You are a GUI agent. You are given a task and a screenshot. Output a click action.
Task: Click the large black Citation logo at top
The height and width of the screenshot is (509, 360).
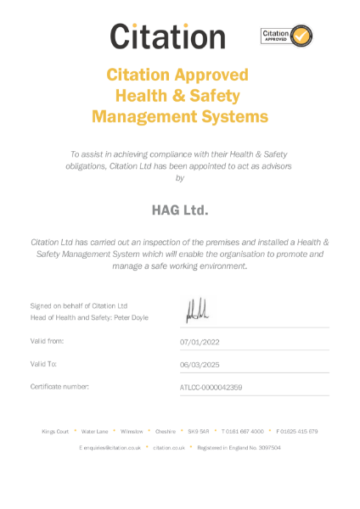coord(167,36)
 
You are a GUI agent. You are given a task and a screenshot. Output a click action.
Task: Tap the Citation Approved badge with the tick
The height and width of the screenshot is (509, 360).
coord(287,36)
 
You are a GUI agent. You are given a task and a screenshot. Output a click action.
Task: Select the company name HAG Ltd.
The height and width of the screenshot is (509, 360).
coord(179,208)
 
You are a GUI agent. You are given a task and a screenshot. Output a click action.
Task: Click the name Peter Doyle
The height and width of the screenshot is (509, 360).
coord(130,317)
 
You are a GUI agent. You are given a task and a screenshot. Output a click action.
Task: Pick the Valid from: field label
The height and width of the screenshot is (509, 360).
coord(48,340)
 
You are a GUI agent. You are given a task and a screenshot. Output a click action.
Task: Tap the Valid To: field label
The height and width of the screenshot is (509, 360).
coord(44,363)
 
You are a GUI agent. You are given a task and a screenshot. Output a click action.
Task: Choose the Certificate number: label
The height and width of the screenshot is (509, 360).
coord(59,386)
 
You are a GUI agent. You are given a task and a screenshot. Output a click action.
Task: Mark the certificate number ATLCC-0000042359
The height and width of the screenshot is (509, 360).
coord(211,387)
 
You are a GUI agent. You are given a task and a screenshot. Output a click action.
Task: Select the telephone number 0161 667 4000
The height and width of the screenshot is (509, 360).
coord(246,431)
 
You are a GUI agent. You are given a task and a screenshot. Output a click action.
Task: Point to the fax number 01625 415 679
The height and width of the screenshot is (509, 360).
coord(300,431)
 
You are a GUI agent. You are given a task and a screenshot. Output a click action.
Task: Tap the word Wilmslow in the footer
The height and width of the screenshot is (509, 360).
coord(132,431)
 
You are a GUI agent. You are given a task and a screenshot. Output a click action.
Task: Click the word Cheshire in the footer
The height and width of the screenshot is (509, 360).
coord(166,431)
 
